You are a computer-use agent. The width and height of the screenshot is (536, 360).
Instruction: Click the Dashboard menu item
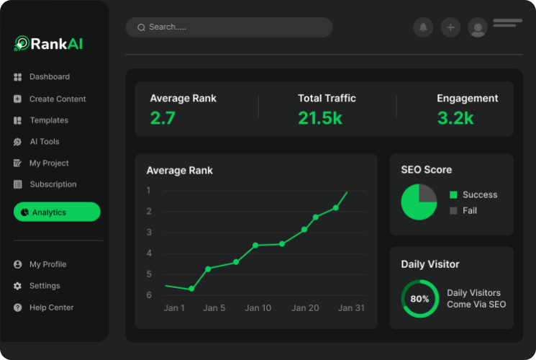[x=49, y=77]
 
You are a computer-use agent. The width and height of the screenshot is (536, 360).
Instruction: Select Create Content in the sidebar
[x=57, y=99]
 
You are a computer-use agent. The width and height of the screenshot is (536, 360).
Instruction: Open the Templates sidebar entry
[x=48, y=120]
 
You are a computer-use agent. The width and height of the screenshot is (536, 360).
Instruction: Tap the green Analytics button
[x=57, y=212]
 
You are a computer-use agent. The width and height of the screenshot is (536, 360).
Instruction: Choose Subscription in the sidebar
[x=53, y=184]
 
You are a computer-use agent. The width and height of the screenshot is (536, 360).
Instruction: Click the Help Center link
[x=51, y=307]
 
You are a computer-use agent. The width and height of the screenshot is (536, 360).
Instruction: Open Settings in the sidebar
[x=45, y=286]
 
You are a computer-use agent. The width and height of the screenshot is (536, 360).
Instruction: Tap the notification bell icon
[x=423, y=27]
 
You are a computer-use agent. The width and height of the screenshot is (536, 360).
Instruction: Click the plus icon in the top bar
[x=450, y=27]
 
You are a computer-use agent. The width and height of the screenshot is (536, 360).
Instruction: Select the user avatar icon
[x=477, y=28]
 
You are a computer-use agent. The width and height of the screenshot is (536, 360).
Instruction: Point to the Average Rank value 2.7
[x=163, y=118]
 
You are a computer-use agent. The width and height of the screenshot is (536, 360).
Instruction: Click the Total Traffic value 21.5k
[x=320, y=118]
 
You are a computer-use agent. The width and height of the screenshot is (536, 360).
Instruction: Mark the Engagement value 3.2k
[x=455, y=118]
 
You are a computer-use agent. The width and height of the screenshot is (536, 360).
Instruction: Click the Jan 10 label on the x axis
[x=258, y=308]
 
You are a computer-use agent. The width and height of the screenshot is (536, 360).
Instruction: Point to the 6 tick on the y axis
[x=149, y=295]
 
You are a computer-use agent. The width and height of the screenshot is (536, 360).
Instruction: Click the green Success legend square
[x=453, y=195]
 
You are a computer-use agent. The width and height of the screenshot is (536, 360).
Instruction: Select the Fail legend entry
[x=469, y=211]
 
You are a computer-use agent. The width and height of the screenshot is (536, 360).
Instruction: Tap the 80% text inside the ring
[x=419, y=299]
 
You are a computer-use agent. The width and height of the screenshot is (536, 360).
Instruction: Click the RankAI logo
[x=49, y=44]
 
